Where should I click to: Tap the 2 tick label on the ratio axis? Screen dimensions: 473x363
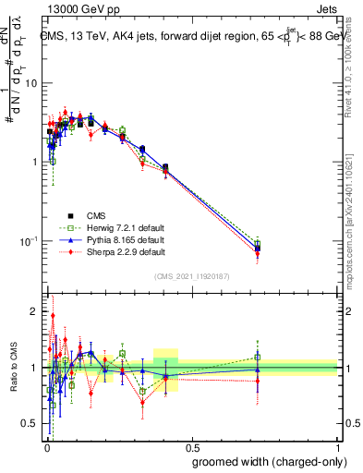click(36, 311)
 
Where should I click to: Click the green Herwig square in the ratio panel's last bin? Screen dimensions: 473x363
click(258, 357)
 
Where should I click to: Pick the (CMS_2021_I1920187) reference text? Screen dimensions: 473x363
click(191, 276)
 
